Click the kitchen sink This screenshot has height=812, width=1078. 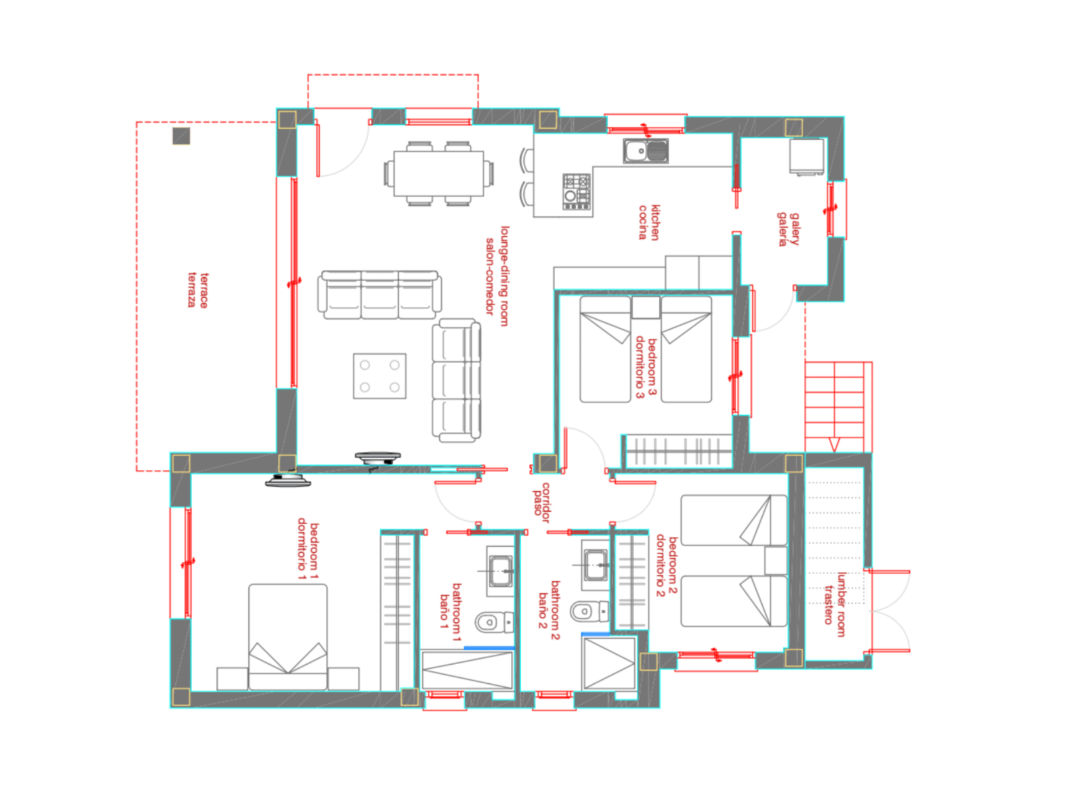(645, 150)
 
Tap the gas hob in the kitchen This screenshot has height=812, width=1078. (576, 191)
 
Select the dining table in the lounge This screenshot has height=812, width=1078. (438, 173)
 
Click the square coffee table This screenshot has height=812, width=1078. (379, 376)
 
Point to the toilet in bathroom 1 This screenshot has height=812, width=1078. (494, 622)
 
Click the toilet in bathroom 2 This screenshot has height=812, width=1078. (589, 611)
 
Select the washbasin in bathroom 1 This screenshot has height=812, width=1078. (500, 570)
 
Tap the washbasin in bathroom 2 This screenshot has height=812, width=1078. (595, 565)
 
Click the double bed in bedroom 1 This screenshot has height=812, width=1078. (287, 636)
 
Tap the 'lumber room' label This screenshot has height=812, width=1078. (841, 604)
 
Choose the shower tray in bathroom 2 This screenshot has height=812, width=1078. (608, 663)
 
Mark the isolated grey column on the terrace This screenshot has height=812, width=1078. (181, 136)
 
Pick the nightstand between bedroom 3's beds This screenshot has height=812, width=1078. (645, 307)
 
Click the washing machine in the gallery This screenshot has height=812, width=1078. (806, 156)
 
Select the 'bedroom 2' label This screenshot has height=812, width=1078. (673, 565)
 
